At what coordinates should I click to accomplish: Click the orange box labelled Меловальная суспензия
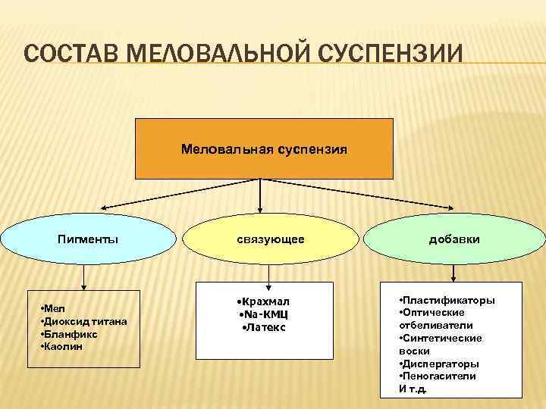click(x=264, y=148)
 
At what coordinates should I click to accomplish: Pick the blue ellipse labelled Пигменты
click(x=88, y=239)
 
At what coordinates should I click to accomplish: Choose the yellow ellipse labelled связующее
click(x=270, y=239)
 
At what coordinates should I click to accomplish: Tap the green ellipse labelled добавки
click(x=453, y=239)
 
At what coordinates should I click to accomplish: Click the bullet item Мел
click(x=54, y=308)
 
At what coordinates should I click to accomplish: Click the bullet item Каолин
click(x=64, y=346)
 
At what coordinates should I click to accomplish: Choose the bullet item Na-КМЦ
click(x=263, y=314)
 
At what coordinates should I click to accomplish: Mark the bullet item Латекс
click(x=263, y=327)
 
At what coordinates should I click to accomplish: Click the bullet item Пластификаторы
click(x=447, y=300)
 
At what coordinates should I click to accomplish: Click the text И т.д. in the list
click(x=413, y=389)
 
